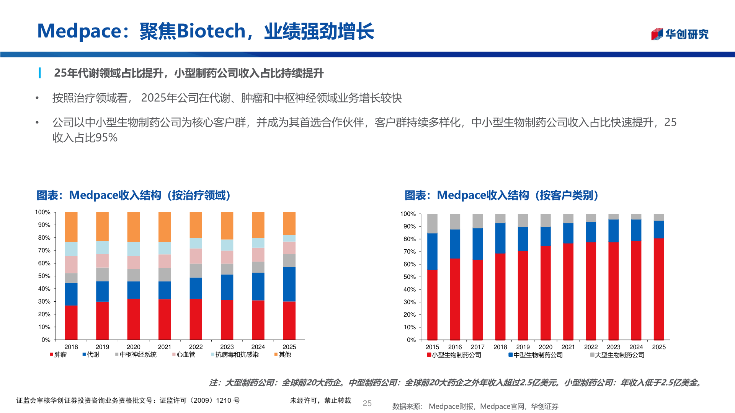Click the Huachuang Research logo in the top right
[x=679, y=34]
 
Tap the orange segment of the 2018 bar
[x=71, y=227]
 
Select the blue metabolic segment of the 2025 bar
[x=289, y=284]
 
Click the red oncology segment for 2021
[x=165, y=319]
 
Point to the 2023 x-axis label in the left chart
[x=227, y=347]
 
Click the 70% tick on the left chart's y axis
[x=44, y=250]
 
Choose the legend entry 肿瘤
[x=59, y=354]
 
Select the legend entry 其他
[x=283, y=354]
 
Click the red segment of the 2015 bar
[x=432, y=305]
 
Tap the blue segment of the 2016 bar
[x=455, y=244]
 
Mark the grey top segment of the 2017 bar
[x=477, y=221]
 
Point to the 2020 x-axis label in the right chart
[x=546, y=347]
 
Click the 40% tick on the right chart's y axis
[x=410, y=289]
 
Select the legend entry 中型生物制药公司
[x=536, y=355]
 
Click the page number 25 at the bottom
[x=367, y=403]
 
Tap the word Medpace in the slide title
[x=79, y=31]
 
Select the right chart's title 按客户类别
[x=567, y=195]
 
